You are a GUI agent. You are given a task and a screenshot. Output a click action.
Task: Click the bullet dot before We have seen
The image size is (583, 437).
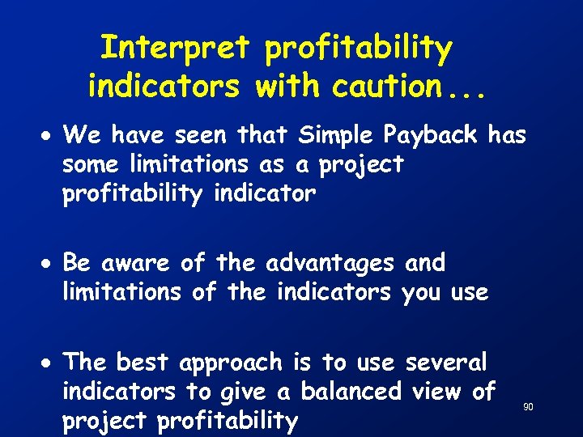point(50,135)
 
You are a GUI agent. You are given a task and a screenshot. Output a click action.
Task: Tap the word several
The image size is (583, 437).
point(446,363)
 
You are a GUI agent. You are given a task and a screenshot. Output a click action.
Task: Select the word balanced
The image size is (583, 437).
point(351,392)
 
